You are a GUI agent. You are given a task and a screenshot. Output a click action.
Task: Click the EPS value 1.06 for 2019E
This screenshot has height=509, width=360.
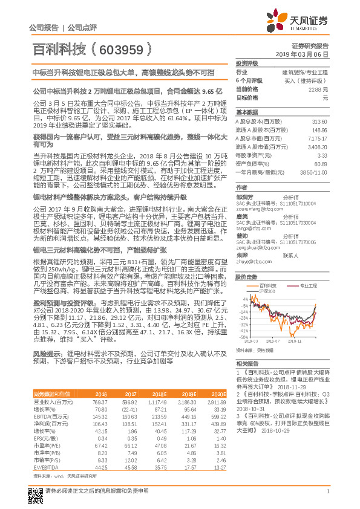tap(187, 438)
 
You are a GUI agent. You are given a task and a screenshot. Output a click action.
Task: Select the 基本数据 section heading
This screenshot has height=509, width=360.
tap(246, 112)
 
